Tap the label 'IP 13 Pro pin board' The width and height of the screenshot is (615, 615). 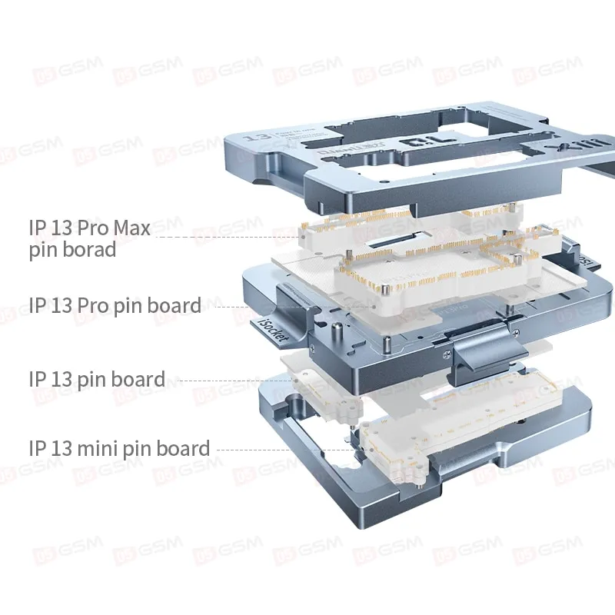[115, 305]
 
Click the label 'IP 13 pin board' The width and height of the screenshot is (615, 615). [96, 379]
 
